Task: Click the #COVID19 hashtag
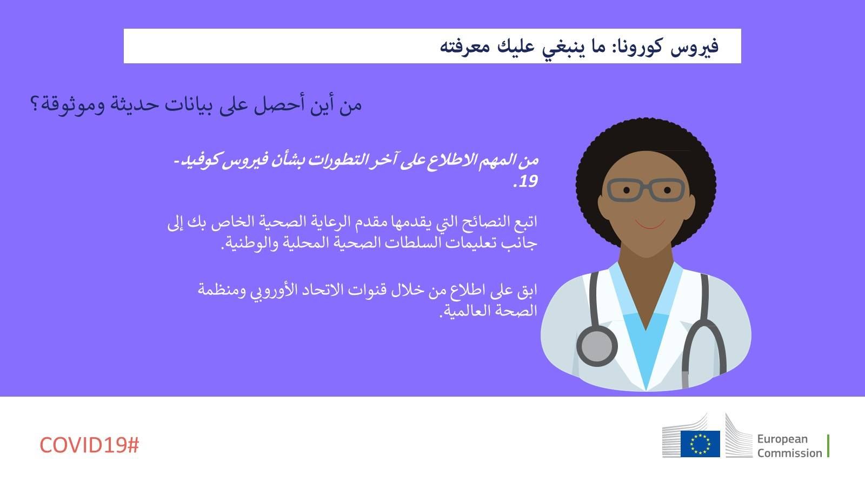(89, 445)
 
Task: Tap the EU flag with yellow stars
(700, 444)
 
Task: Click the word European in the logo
(782, 439)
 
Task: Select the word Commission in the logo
(789, 453)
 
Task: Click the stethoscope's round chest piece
(597, 346)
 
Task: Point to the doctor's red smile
(650, 225)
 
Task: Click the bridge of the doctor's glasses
(647, 186)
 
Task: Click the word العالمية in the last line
(460, 311)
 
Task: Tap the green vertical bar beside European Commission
(828, 446)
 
